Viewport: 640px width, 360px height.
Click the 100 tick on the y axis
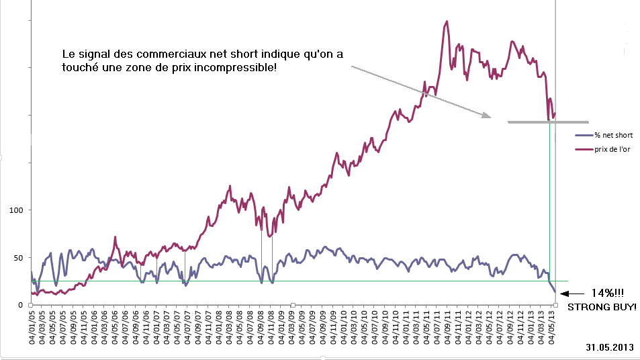click(16, 210)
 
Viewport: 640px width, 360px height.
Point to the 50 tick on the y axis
click(18, 257)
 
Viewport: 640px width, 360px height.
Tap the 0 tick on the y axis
click(20, 305)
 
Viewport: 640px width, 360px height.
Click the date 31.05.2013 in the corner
click(609, 349)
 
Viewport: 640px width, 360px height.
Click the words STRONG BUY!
click(602, 308)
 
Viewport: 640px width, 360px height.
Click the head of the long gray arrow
click(487, 117)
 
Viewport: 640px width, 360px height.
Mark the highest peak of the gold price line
click(447, 21)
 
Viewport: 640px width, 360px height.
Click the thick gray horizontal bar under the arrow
click(548, 122)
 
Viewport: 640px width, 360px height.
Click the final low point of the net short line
click(555, 292)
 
